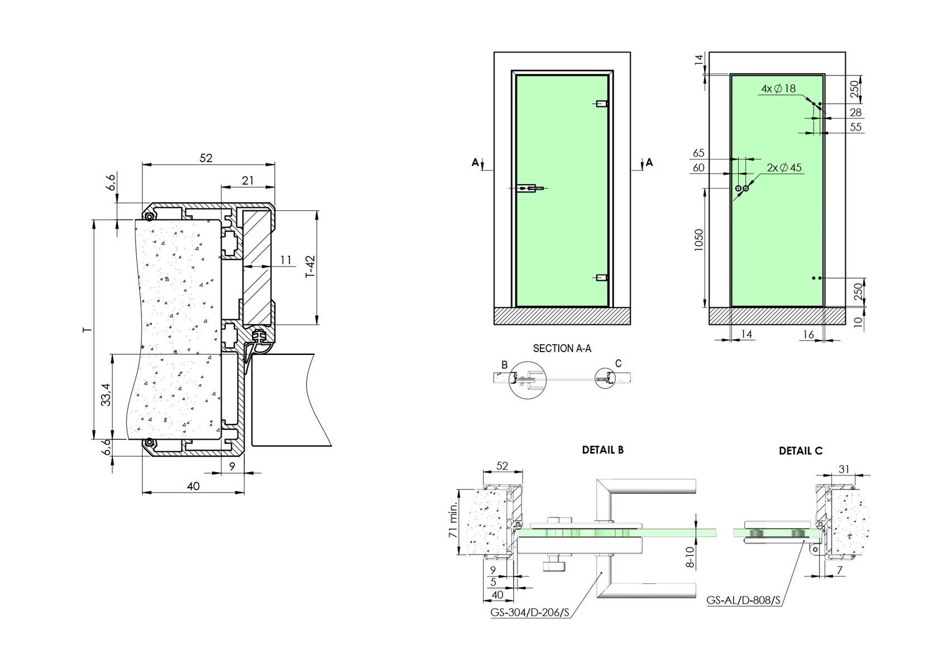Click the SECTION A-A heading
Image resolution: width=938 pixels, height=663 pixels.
562,349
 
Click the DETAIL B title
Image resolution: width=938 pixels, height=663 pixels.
602,450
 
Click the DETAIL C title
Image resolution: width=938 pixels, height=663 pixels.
801,451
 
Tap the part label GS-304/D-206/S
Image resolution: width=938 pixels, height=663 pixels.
530,612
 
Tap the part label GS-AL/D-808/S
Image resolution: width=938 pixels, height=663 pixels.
743,600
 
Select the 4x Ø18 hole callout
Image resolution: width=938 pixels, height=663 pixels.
778,89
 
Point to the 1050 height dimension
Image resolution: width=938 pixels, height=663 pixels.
699,241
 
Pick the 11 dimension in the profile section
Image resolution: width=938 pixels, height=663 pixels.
286,260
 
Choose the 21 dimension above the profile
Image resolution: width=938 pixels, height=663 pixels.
248,180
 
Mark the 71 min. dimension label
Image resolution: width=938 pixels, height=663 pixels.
453,519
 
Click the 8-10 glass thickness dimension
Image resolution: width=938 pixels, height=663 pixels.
690,557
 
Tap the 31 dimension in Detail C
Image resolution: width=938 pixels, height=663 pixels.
844,469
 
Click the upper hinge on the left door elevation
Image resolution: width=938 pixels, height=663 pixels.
602,103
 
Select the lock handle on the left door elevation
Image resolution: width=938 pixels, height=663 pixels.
528,189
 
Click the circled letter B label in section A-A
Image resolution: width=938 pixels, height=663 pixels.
504,365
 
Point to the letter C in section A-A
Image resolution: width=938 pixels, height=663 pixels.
618,364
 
